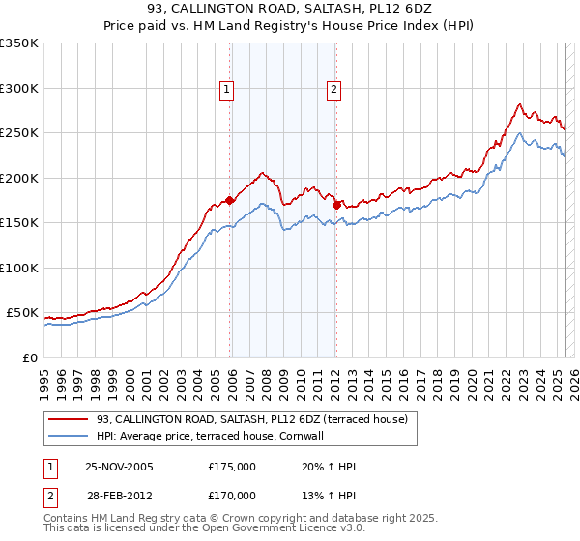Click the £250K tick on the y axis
[19, 133]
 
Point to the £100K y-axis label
[19, 268]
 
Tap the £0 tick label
[29, 357]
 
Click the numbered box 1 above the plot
[226, 90]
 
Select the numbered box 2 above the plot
[333, 90]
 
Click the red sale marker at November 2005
[230, 201]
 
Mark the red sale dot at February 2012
[336, 205]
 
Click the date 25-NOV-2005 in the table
[119, 467]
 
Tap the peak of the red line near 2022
[519, 104]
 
